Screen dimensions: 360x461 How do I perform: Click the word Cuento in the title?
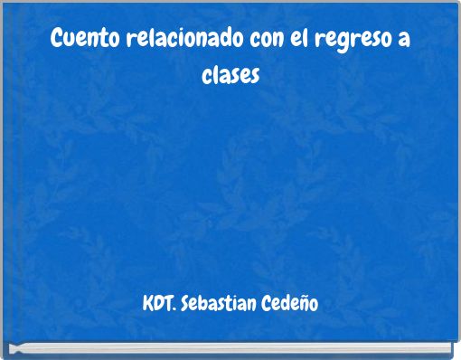click(x=77, y=41)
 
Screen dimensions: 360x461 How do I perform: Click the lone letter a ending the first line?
click(x=402, y=42)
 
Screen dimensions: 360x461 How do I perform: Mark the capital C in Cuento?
click(x=57, y=40)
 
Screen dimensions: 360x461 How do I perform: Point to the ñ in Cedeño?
click(x=303, y=301)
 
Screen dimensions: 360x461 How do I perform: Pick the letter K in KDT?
click(x=147, y=300)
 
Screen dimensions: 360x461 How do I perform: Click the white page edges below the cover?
click(x=230, y=347)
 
